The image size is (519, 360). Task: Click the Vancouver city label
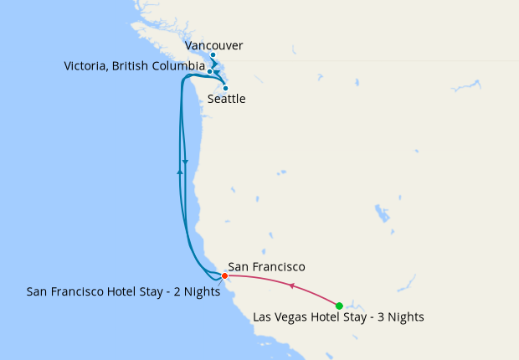click(215, 45)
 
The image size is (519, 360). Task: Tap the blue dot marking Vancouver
click(213, 55)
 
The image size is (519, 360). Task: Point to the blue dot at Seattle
click(225, 87)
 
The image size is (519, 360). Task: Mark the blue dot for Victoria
click(210, 72)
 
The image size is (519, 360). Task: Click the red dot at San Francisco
click(224, 275)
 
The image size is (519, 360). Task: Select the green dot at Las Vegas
click(339, 306)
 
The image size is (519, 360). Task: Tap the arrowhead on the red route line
click(291, 286)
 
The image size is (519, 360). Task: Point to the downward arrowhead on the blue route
click(185, 162)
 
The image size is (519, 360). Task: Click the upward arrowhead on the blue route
click(180, 171)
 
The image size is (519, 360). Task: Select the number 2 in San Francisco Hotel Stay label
click(177, 291)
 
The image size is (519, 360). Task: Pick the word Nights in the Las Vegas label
click(405, 317)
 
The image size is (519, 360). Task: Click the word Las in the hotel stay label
click(263, 317)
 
